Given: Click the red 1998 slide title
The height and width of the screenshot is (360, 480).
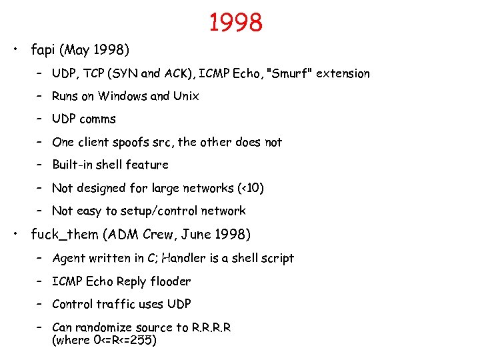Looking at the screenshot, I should pyautogui.click(x=236, y=23).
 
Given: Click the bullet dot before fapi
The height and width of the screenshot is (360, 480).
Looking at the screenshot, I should pyautogui.click(x=15, y=50).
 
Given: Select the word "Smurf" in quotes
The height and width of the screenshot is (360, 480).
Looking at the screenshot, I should pyautogui.click(x=289, y=73).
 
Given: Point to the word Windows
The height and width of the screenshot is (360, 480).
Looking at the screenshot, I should pyautogui.click(x=123, y=96).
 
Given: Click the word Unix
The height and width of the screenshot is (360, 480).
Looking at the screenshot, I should pyautogui.click(x=186, y=96).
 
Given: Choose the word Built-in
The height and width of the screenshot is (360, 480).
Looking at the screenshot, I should pyautogui.click(x=73, y=165).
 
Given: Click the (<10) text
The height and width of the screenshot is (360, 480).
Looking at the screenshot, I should pyautogui.click(x=251, y=188).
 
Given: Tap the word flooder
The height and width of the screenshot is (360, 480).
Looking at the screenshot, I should pyautogui.click(x=170, y=281).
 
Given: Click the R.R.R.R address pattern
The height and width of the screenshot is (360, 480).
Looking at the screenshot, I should pyautogui.click(x=211, y=327).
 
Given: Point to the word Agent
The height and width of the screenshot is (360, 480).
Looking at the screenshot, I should pyautogui.click(x=69, y=258).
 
